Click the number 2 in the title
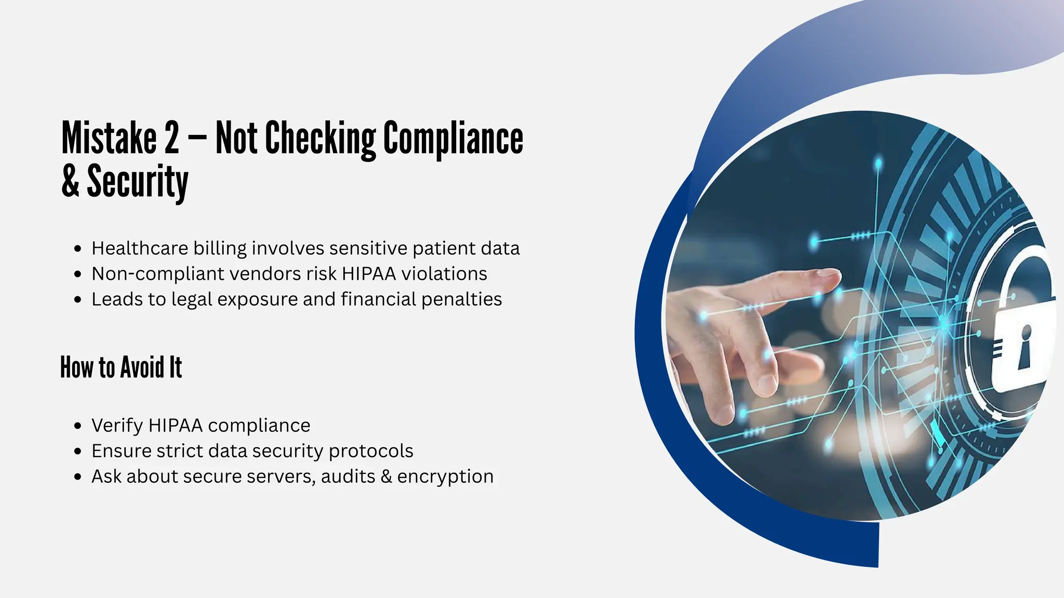coord(171,138)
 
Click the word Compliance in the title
coord(453,138)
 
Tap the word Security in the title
coord(137,181)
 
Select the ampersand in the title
coord(70,181)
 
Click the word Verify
coord(117,426)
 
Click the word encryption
coord(445,476)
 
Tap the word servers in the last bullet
coord(281,476)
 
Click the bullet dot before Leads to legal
coord(78,300)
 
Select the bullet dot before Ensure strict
coord(78,451)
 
